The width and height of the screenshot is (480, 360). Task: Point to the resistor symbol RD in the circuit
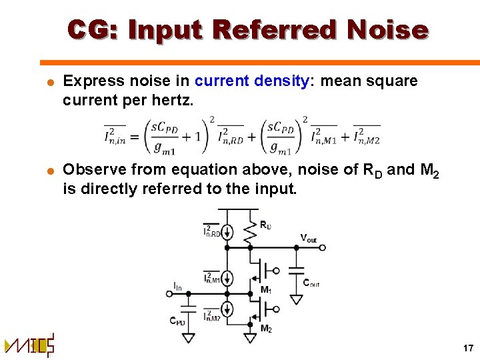250,230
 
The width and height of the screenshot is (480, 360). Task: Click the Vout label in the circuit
308,237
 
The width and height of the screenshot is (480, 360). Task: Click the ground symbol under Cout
297,299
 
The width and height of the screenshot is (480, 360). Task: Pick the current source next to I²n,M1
228,277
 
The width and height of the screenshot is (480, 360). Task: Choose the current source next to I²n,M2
228,309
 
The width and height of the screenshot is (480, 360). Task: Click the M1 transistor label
266,290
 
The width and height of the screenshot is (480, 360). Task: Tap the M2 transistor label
266,329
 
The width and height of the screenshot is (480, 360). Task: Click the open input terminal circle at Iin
169,293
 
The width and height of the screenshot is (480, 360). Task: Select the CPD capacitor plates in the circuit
189,310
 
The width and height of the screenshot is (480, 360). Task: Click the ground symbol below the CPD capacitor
189,338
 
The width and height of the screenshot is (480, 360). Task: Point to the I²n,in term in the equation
115,136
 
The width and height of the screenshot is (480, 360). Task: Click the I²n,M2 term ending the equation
366,136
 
